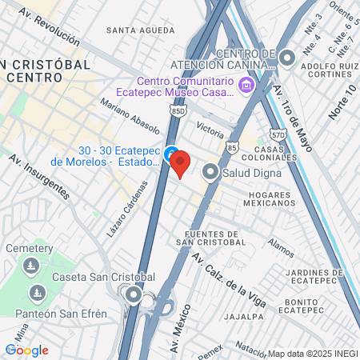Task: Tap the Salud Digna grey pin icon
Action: (x=210, y=172)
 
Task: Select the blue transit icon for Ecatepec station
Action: (x=171, y=153)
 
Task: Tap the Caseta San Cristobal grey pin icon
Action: (x=133, y=296)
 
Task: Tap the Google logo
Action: (x=26, y=350)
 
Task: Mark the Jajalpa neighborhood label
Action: (x=244, y=316)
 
